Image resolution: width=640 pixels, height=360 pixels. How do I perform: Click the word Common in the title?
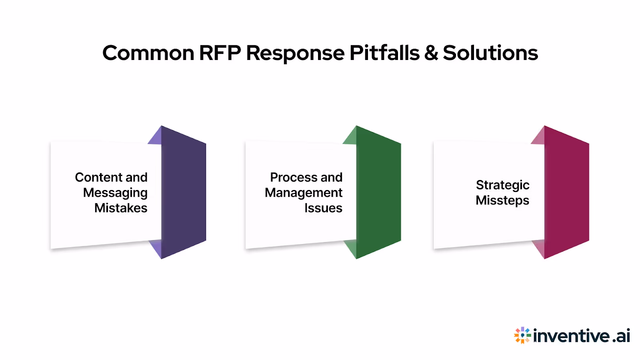pos(148,53)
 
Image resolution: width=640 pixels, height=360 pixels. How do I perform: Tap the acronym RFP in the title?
pos(220,53)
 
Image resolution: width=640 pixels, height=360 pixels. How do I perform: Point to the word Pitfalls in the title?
pos(384,53)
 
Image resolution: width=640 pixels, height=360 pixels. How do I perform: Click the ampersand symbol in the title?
pos(431,53)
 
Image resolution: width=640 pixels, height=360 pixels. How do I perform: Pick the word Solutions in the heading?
pos(490,53)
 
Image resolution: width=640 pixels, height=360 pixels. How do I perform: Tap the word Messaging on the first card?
pos(115,193)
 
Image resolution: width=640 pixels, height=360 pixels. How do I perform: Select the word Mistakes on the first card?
pos(121,208)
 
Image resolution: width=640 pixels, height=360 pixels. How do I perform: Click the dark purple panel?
pos(184,192)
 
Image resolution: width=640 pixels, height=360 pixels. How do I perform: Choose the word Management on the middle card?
pos(303,193)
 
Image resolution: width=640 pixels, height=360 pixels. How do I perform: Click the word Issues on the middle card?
pos(323,208)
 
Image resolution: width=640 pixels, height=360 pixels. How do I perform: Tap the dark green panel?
pos(378,192)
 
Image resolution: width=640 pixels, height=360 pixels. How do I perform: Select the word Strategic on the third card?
pos(502,185)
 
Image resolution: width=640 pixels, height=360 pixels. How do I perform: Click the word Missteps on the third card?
pos(502,200)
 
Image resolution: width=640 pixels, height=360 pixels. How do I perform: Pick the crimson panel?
pos(566,192)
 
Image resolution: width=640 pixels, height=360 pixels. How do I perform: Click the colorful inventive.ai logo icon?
pos(522,335)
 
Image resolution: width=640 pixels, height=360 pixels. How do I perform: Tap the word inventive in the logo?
pos(572,336)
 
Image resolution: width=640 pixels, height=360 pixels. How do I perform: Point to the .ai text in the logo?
pos(621,336)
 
